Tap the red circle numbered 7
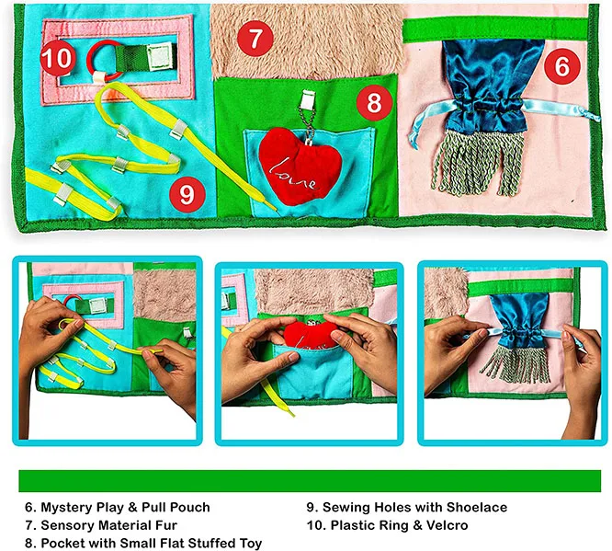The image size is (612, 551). click(256, 39)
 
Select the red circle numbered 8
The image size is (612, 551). click(374, 103)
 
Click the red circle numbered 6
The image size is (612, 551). click(562, 66)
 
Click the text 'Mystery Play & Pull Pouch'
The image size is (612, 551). click(118, 507)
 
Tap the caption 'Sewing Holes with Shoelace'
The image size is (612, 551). click(406, 507)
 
